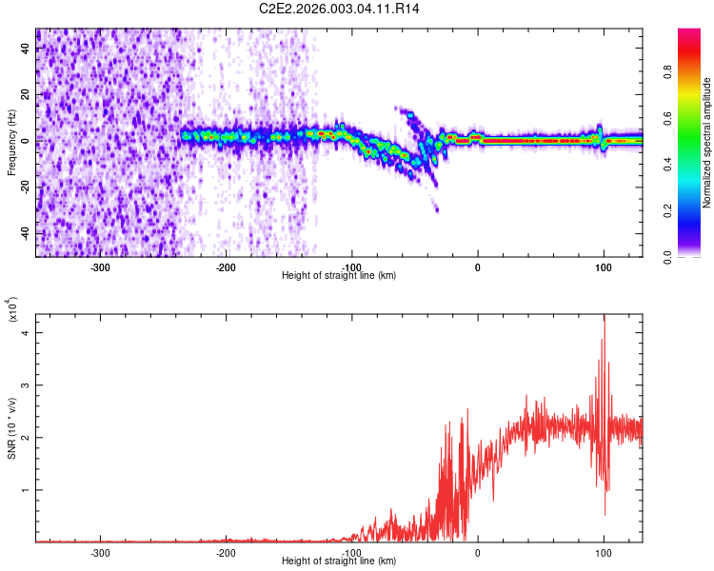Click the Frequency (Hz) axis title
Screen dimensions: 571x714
[11, 143]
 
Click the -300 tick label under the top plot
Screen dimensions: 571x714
[101, 267]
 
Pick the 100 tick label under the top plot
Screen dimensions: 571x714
[604, 267]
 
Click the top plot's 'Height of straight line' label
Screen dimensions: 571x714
[339, 276]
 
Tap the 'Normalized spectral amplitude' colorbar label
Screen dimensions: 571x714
[707, 143]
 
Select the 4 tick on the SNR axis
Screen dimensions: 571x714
[27, 331]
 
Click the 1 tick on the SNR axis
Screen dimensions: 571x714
[27, 489]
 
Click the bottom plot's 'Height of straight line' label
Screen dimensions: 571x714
[339, 561]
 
